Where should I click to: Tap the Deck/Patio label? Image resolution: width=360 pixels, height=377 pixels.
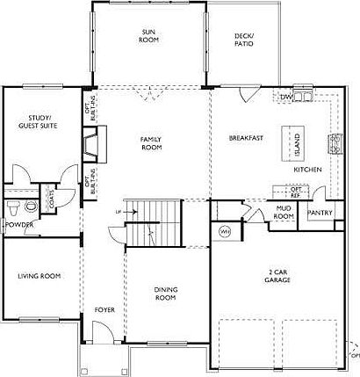point(243,40)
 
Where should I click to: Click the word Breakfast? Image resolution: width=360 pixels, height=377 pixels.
point(246,138)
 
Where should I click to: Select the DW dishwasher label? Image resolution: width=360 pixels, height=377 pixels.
point(286,96)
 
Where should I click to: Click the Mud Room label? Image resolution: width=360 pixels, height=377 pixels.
point(283,212)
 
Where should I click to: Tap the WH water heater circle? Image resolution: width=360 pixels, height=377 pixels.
point(224,231)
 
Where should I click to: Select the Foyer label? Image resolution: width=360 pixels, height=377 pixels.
point(104,310)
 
